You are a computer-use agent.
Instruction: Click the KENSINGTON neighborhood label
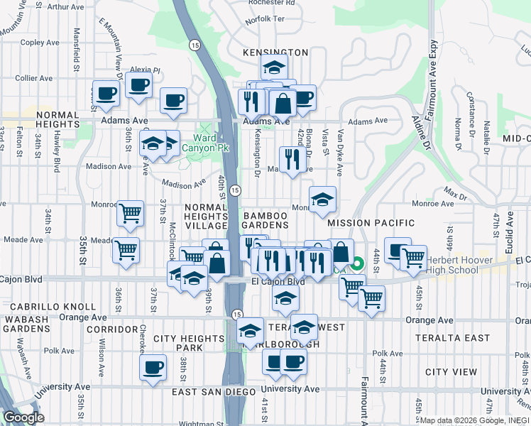click(x=275, y=53)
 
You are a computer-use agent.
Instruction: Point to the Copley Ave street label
click(x=33, y=43)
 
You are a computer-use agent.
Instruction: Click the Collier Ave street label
click(x=31, y=77)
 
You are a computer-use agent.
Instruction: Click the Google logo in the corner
click(x=23, y=417)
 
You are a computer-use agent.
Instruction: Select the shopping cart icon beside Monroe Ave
click(x=130, y=212)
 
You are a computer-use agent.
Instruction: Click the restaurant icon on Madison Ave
click(x=291, y=159)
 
